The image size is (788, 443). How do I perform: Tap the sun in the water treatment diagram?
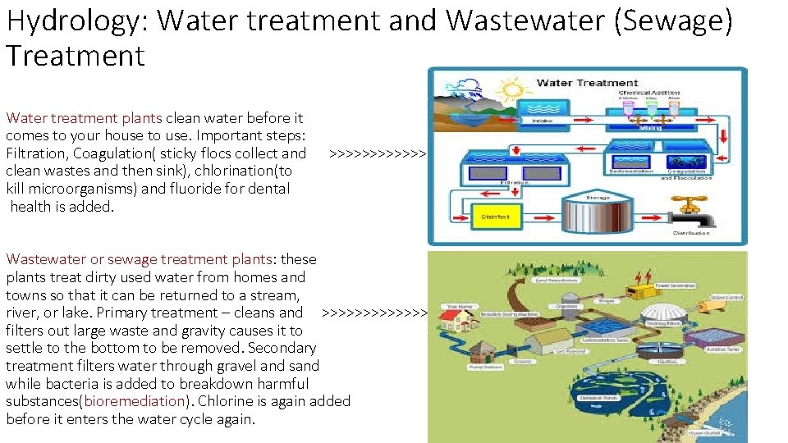515,89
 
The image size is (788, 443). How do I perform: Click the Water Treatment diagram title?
587,83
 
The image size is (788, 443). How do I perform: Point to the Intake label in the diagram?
544,121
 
